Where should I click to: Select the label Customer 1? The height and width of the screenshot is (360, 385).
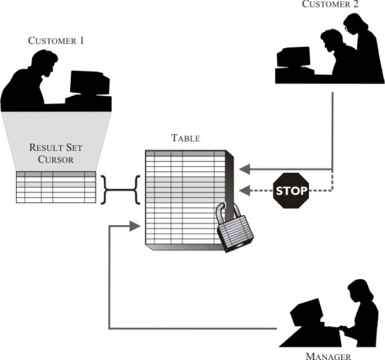click(x=56, y=41)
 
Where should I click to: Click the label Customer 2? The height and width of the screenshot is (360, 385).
click(x=330, y=5)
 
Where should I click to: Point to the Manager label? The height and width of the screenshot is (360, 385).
click(x=328, y=355)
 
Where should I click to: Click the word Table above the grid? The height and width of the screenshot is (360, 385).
click(x=185, y=138)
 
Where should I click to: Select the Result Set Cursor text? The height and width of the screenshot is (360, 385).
click(x=56, y=153)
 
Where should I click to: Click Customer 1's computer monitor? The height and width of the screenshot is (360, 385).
click(x=89, y=84)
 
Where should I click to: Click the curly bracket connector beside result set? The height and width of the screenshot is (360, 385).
click(x=120, y=190)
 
